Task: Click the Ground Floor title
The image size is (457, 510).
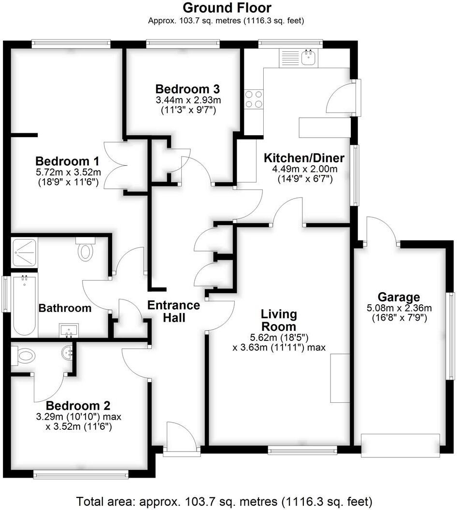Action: coord(227,8)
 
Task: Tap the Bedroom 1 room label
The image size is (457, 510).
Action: coord(68,161)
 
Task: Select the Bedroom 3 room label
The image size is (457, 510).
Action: coord(187,89)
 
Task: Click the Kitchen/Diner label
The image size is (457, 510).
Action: coord(304,158)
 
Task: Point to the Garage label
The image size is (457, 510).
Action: coord(399,297)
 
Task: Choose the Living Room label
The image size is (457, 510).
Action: coord(279,320)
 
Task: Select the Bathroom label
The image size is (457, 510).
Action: coord(65,308)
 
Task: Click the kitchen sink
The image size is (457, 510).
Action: coord(308,58)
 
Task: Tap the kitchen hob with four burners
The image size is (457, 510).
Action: coord(254,99)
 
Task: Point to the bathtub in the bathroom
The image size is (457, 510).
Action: coord(24,305)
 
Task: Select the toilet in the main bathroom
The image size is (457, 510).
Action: coord(86,250)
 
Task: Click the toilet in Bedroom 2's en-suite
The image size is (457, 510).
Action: coord(24,356)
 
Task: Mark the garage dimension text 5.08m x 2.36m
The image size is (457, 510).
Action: coord(399,308)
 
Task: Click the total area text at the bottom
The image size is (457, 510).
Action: coord(224,500)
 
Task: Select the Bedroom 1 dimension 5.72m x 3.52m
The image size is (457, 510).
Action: coord(68,172)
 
